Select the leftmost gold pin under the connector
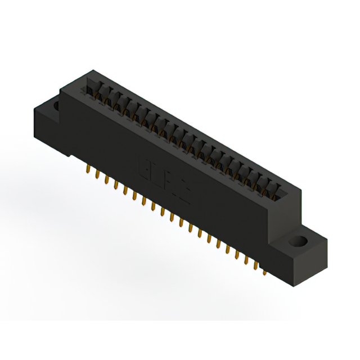click(x=88, y=168)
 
